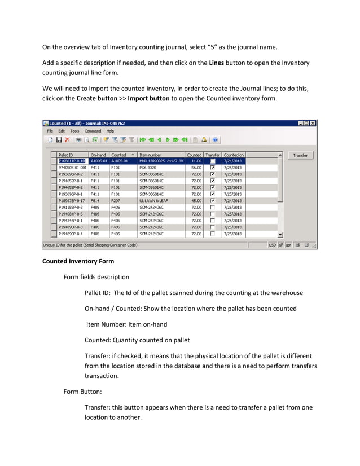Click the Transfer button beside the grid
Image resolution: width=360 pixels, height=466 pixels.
(x=301, y=155)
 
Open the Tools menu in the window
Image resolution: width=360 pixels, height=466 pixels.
(x=74, y=131)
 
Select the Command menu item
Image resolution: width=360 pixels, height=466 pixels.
(x=93, y=131)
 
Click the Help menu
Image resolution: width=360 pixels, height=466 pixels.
(x=111, y=131)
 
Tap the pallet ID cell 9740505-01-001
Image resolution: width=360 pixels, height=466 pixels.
(x=73, y=168)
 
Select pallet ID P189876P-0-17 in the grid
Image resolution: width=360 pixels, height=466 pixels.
(x=72, y=200)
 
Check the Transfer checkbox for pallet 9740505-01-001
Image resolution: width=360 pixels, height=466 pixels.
(x=213, y=168)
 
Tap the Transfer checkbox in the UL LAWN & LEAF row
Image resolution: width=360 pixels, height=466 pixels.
(x=213, y=200)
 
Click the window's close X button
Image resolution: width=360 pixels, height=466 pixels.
(x=313, y=122)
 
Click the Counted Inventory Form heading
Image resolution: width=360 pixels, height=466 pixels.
(x=78, y=261)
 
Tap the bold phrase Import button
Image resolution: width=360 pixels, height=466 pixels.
(x=148, y=98)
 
